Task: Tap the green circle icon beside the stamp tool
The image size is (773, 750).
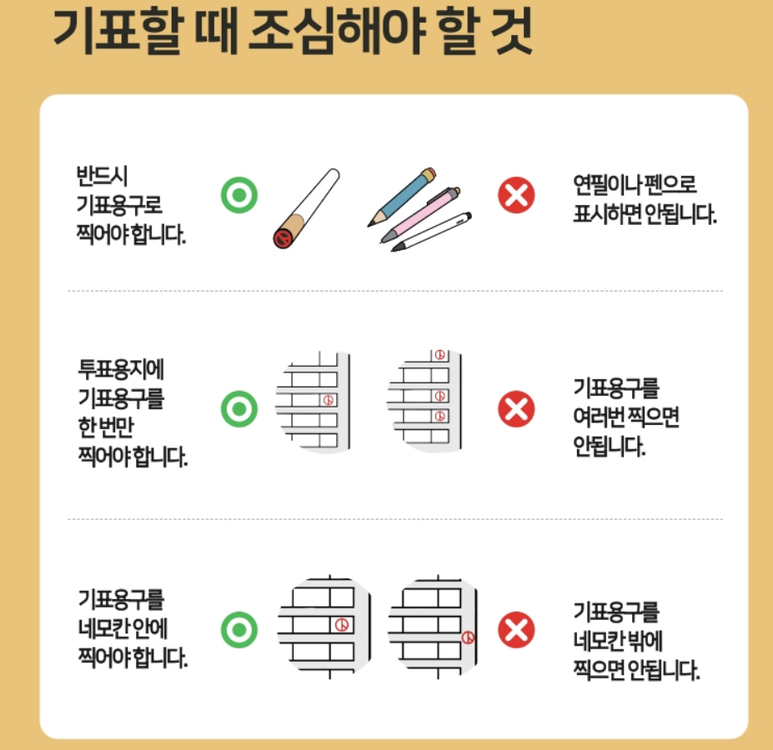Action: [x=239, y=196]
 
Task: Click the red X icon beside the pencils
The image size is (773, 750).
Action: [x=516, y=196]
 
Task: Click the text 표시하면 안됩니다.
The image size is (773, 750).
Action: [x=645, y=214]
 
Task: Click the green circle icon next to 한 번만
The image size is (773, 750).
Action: [x=239, y=410]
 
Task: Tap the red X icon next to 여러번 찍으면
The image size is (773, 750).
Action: [x=516, y=410]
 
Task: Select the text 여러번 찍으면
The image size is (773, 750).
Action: [x=625, y=417]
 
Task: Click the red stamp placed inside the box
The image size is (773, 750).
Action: [x=340, y=624]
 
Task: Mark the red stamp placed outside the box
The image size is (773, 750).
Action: [x=469, y=637]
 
